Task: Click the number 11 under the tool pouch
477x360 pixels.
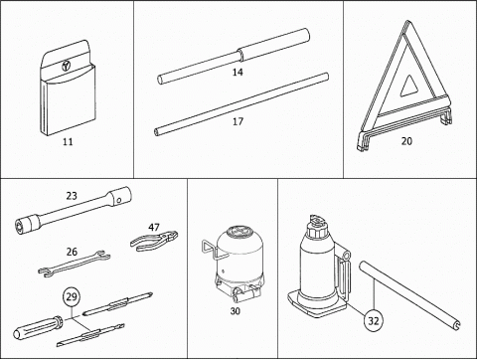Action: (x=68, y=142)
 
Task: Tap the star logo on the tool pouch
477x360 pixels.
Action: (x=66, y=66)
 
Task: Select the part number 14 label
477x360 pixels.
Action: (x=238, y=72)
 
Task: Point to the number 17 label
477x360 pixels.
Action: (x=238, y=121)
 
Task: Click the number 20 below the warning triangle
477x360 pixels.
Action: (x=406, y=141)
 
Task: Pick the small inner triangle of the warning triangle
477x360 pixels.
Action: (x=410, y=86)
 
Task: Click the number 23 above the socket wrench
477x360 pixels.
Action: (x=72, y=196)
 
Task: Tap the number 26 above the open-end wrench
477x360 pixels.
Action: (x=72, y=252)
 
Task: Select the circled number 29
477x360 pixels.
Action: (x=72, y=296)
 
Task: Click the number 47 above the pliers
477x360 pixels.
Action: (x=154, y=228)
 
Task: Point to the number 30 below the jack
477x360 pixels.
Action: (x=235, y=311)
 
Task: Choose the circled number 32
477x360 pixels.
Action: (x=374, y=321)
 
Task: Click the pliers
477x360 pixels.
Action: (x=154, y=241)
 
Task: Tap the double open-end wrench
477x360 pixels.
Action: (x=75, y=264)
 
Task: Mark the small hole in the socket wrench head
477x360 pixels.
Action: (x=119, y=200)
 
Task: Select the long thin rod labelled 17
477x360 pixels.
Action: (x=241, y=104)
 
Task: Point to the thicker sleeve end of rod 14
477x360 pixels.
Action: (x=274, y=45)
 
